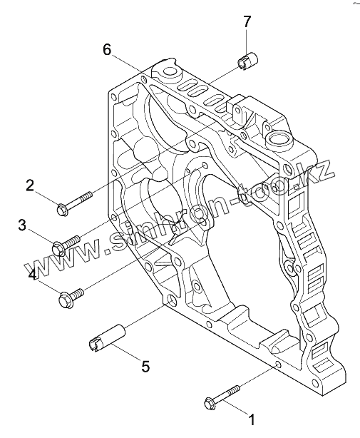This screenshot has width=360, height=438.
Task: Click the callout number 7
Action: (x=247, y=21)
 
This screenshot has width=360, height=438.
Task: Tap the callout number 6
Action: (x=107, y=50)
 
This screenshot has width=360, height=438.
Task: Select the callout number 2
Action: (x=30, y=185)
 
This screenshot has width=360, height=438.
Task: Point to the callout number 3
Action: (x=22, y=225)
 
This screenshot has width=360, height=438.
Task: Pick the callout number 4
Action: (x=32, y=275)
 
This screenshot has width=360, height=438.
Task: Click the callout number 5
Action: (x=145, y=366)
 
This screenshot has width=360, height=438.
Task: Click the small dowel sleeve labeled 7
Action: (x=247, y=61)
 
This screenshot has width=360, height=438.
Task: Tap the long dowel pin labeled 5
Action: (x=107, y=337)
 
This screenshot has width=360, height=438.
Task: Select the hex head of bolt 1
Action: (x=210, y=404)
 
